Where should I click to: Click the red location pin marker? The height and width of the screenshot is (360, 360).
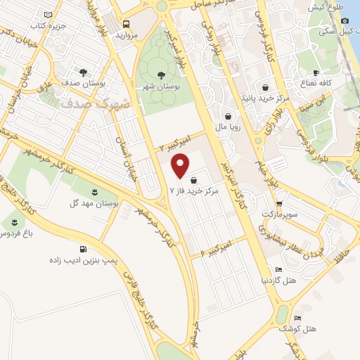[182, 167]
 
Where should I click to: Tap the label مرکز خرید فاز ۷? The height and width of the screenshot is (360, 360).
[195, 191]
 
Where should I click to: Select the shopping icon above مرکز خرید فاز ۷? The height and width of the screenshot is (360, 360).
[193, 180]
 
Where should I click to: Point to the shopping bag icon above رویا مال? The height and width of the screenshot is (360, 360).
[229, 117]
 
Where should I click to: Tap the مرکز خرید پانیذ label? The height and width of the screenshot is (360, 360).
[264, 99]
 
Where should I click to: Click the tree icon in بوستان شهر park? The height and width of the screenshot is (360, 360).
[158, 75]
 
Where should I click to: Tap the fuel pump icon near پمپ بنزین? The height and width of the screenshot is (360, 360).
[85, 248]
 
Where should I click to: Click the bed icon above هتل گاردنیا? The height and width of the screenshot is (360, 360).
[279, 269]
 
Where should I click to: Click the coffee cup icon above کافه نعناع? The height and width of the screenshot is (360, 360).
[316, 72]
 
